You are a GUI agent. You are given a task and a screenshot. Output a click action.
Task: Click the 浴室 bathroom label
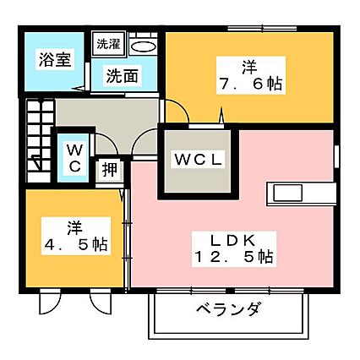[55, 59]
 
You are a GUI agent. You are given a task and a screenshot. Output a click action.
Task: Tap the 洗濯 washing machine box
[108, 45]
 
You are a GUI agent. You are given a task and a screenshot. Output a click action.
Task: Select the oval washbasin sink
[144, 46]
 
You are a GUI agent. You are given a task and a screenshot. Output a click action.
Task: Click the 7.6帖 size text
[250, 84]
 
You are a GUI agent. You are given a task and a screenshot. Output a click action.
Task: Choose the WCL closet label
[199, 160]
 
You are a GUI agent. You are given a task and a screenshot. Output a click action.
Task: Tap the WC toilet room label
[74, 158]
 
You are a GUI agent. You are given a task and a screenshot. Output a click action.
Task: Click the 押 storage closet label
[109, 170]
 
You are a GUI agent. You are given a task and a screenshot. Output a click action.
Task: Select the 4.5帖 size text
[76, 244]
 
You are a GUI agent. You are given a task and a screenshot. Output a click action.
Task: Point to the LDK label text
[233, 241]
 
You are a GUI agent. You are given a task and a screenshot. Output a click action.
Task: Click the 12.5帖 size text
[234, 256]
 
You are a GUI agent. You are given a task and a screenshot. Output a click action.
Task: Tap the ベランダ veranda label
[227, 309]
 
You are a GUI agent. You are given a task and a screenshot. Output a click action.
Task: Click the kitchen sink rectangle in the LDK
[288, 193]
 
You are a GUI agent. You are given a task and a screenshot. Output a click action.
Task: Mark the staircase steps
[40, 140]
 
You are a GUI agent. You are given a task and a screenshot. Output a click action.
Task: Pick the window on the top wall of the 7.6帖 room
[262, 28]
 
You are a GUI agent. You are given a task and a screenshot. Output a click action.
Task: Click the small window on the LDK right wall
[336, 156]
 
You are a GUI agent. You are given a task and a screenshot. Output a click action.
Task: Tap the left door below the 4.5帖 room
[50, 299]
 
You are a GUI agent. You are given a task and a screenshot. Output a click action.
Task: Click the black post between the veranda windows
[231, 291]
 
